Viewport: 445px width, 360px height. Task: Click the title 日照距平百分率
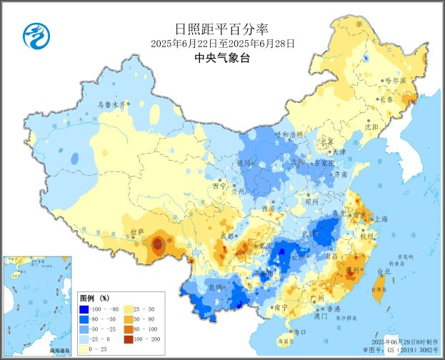[222, 29]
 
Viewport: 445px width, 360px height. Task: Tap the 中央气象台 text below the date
[222, 59]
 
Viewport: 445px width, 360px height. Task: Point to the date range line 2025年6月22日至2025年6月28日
[222, 44]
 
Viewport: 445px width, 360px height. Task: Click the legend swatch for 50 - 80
[129, 319]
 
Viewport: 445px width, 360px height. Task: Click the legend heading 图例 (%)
[94, 297]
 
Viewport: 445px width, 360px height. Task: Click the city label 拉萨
[136, 232]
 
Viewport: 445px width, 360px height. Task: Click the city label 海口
[301, 332]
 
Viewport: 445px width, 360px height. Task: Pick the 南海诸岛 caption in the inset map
[59, 351]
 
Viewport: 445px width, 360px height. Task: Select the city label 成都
[226, 236]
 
